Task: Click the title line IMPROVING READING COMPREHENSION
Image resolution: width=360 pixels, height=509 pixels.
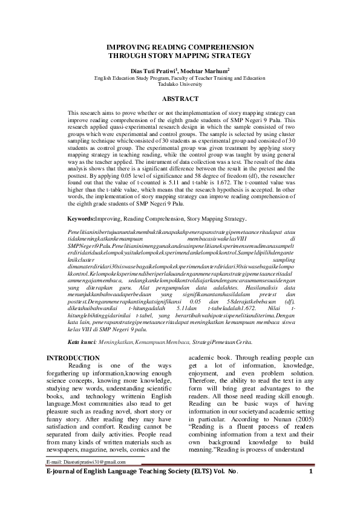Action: pos(180,47)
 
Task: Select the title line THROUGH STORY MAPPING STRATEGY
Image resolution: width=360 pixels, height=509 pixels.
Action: pos(180,55)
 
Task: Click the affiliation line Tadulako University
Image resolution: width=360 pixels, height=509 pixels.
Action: pos(180,85)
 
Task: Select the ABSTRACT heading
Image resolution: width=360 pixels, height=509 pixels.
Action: pos(180,99)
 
